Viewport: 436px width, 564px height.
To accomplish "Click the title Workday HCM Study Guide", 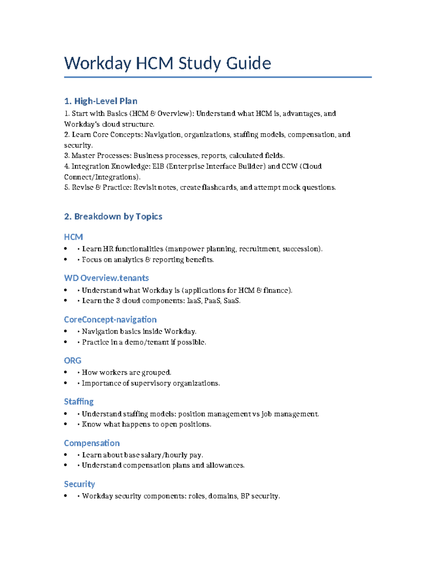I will click(167, 63).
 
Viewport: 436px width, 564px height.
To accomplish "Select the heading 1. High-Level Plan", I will click(101, 101).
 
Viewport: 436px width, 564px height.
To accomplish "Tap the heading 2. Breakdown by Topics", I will click(113, 216).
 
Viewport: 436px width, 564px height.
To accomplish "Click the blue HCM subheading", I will click(73, 237).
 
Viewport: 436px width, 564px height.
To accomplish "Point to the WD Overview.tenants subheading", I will click(106, 278).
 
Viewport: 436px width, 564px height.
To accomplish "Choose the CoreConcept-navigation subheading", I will click(110, 320).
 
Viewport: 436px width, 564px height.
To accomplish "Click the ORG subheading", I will click(73, 361).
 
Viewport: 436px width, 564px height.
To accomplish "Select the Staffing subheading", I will click(79, 402).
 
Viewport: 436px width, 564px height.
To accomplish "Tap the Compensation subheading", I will click(92, 443).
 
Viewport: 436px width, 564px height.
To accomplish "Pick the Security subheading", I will click(80, 484).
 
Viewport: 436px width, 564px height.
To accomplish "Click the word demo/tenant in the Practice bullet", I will click(147, 342).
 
